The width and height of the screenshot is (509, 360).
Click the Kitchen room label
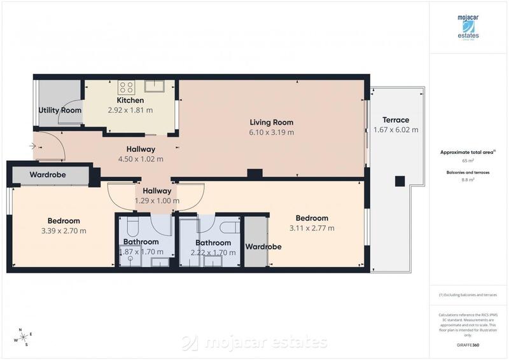pos(130,100)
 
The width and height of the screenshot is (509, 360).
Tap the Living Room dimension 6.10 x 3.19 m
pos(271,132)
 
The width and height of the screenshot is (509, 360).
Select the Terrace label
pos(395,120)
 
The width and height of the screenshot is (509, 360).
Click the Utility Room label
pos(60,110)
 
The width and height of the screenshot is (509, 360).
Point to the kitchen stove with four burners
pos(125,88)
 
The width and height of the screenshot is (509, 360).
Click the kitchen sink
pos(155,87)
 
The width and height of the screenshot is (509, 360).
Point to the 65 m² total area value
pos(468,162)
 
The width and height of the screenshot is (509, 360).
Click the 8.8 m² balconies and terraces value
pos(468,180)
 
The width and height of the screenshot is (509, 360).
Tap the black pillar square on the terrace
pos(400,181)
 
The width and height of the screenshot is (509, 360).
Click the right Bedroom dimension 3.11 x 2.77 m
pos(311,228)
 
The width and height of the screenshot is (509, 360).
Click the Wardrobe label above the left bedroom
pos(47,175)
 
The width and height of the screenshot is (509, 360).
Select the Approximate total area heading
pos(467,153)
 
